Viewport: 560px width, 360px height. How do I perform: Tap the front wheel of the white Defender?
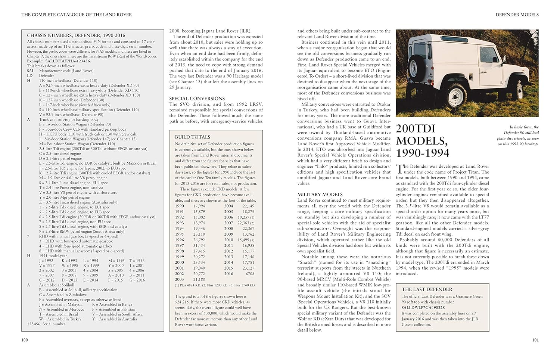click(x=519, y=89)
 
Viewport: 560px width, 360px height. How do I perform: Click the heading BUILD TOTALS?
click(x=193, y=137)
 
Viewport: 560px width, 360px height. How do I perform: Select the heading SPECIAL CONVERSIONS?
click(x=197, y=99)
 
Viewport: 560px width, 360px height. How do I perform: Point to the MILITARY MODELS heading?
click(x=320, y=195)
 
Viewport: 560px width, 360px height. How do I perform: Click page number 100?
click(x=25, y=340)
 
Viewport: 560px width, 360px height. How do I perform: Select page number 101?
click(x=535, y=340)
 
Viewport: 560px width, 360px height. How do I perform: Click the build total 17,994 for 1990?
click(x=199, y=206)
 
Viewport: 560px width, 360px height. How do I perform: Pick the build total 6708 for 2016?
click(x=250, y=274)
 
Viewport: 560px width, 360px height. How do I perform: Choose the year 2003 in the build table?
click(x=180, y=279)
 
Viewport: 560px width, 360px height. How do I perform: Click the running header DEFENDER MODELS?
click(x=517, y=15)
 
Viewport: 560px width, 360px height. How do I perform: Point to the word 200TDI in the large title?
click(x=416, y=128)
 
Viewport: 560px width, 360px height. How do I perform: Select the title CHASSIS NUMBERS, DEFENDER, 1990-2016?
click(x=76, y=35)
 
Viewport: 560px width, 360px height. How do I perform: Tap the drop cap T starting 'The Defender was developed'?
click(x=399, y=169)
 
